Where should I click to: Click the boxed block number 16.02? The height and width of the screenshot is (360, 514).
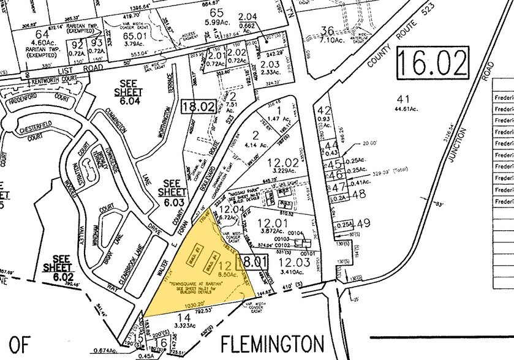click(x=430, y=63)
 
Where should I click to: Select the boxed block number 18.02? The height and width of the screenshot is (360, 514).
click(x=199, y=107)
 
